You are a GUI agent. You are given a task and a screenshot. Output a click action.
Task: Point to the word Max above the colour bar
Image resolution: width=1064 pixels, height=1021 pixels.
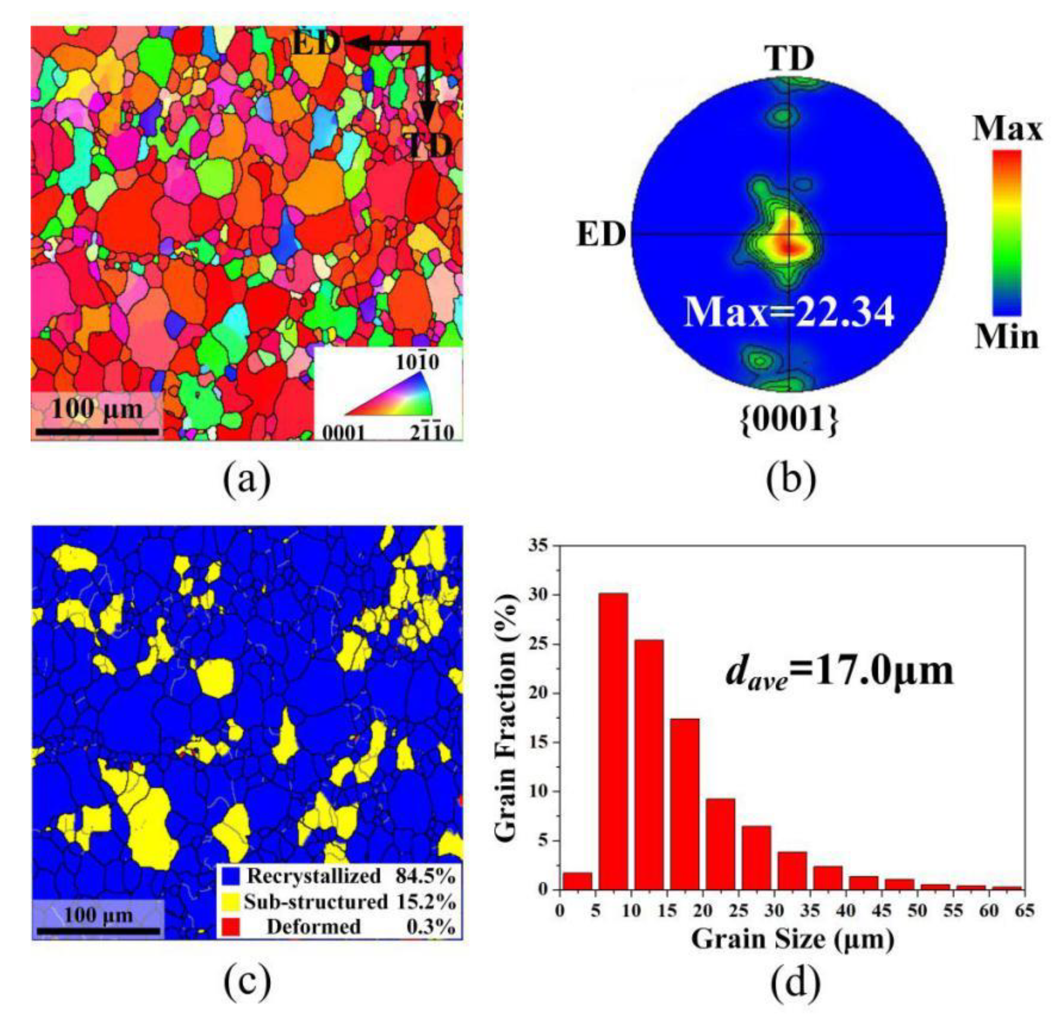click(x=1007, y=129)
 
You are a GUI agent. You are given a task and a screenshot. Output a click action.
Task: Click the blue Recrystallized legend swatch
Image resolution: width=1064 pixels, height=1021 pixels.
click(x=231, y=876)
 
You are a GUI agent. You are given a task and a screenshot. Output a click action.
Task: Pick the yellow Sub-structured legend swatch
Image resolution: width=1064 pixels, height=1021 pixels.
click(x=231, y=902)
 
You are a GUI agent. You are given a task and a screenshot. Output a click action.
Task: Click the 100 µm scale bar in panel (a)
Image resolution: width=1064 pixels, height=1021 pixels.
click(x=98, y=431)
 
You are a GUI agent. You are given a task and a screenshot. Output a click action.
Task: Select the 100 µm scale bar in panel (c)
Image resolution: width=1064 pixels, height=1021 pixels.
click(x=98, y=931)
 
